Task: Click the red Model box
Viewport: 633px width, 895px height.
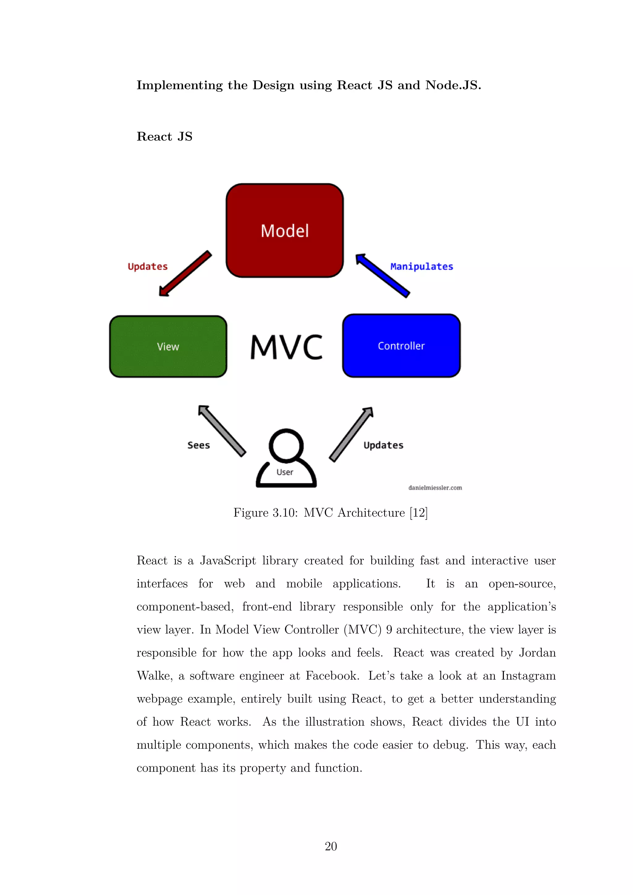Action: pyautogui.click(x=285, y=230)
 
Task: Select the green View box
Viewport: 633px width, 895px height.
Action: pyautogui.click(x=168, y=346)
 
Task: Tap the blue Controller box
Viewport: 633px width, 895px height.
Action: pyautogui.click(x=401, y=346)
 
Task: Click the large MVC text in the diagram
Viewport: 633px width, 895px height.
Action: pyautogui.click(x=286, y=347)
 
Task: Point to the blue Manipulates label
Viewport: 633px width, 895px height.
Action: pyautogui.click(x=421, y=267)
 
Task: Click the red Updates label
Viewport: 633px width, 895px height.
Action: pyautogui.click(x=147, y=267)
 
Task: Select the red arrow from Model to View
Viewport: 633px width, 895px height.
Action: pyautogui.click(x=185, y=274)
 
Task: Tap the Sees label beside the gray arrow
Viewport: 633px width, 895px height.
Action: pyautogui.click(x=198, y=445)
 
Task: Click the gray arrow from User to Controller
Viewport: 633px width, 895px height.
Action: pyautogui.click(x=351, y=434)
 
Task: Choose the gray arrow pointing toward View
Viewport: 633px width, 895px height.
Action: pyautogui.click(x=222, y=431)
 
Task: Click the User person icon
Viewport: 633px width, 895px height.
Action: pyautogui.click(x=286, y=458)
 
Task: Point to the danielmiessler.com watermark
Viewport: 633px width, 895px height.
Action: pyautogui.click(x=435, y=488)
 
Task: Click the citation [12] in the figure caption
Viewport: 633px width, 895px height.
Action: pyautogui.click(x=418, y=513)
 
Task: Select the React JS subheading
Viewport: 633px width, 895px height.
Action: pyautogui.click(x=164, y=136)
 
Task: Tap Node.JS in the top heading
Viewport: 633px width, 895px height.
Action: pyautogui.click(x=453, y=85)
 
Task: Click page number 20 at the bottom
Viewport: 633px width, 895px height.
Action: pyautogui.click(x=330, y=846)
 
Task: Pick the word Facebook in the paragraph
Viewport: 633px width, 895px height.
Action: pyautogui.click(x=332, y=676)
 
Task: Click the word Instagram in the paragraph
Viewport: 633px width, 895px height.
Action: pyautogui.click(x=528, y=676)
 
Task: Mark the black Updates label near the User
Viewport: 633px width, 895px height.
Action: pyautogui.click(x=383, y=445)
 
